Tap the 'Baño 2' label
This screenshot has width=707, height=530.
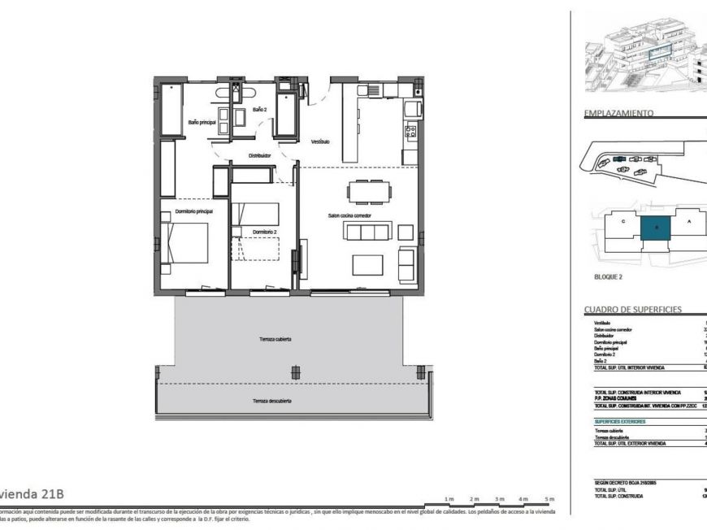point(259,109)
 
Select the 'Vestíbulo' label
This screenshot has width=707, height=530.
point(320,141)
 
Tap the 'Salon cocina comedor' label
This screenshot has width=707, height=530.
point(349,215)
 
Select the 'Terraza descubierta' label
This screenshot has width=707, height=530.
point(271,401)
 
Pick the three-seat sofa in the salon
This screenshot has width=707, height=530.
point(368,232)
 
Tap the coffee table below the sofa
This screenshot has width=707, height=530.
point(367,265)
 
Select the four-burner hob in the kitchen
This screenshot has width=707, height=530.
point(410,130)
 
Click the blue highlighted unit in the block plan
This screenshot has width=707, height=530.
point(655,227)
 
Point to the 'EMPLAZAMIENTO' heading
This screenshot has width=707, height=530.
point(619,114)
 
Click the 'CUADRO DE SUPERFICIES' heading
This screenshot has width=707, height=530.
point(632,310)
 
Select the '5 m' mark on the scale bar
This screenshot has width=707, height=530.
point(549,497)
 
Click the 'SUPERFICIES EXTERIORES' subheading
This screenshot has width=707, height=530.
point(619,422)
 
